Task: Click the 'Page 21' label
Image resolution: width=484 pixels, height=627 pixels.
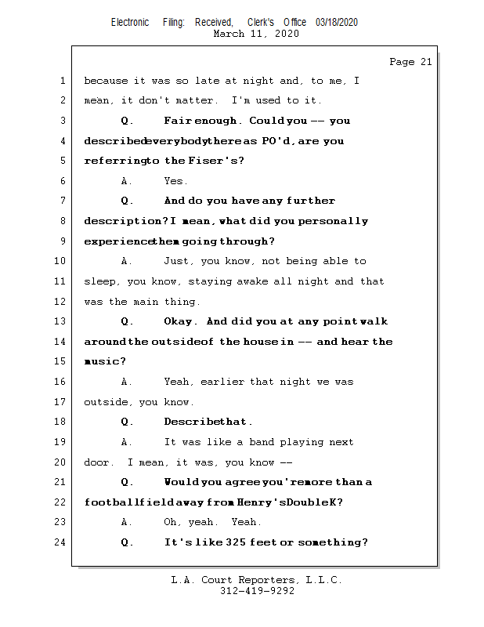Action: (410, 62)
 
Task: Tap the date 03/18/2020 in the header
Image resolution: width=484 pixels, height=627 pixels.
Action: (337, 23)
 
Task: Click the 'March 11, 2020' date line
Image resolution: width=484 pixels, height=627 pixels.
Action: (256, 34)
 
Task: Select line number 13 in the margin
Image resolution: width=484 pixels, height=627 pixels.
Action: (61, 321)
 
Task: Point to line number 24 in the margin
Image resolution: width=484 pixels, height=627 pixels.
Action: (61, 542)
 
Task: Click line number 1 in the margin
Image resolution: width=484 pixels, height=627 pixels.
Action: (63, 81)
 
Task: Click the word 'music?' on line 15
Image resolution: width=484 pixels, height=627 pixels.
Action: (105, 362)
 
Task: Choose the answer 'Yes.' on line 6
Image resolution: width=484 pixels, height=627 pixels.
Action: (175, 181)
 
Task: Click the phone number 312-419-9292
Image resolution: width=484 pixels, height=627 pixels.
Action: (257, 592)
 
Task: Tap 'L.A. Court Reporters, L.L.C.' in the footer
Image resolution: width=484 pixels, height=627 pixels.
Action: (257, 581)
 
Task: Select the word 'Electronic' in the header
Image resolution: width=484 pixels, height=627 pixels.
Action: (130, 23)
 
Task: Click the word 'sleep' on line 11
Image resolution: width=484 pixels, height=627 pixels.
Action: (99, 281)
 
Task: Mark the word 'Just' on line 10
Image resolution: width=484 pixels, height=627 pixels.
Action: (177, 261)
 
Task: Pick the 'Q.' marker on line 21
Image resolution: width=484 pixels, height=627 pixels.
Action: (128, 482)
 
